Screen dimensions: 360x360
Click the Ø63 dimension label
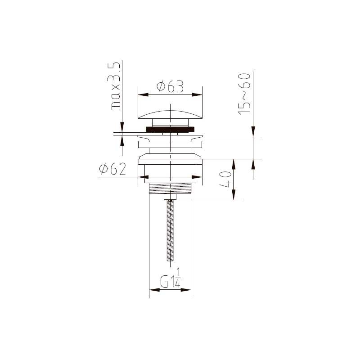pos(170,86)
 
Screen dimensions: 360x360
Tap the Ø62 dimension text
pos(112,169)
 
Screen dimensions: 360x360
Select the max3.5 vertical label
pos(114,86)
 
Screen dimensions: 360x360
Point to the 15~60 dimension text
pos(244,94)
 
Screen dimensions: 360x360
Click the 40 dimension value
pos(225,179)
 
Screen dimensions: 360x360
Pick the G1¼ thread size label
pos(170,278)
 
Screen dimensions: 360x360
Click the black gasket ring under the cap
pos(170,129)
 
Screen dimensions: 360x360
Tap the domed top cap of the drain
pos(170,114)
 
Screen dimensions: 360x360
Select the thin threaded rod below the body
pos(170,231)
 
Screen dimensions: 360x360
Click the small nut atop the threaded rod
pos(170,197)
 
